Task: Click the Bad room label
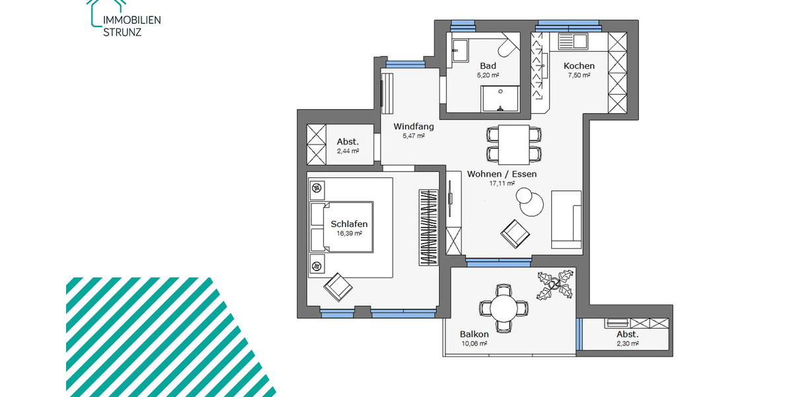click(x=488, y=66)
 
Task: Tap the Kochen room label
click(x=579, y=66)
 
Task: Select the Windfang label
click(x=413, y=126)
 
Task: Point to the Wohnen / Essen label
click(x=502, y=174)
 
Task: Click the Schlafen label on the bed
click(x=349, y=224)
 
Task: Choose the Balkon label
click(x=474, y=334)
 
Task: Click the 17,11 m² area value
click(x=502, y=184)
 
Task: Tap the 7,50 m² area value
click(x=579, y=75)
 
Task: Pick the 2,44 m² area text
click(x=347, y=151)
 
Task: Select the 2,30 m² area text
click(x=627, y=343)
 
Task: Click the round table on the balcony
click(x=504, y=308)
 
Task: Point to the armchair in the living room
click(x=515, y=232)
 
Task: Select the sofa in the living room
click(x=566, y=219)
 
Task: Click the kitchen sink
click(x=572, y=42)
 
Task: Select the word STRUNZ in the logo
click(x=122, y=31)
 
